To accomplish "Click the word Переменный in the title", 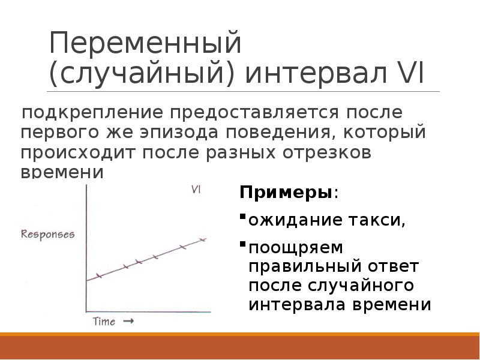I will click(145, 46).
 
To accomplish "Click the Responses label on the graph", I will click(48, 234).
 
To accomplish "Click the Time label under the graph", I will click(104, 322).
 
